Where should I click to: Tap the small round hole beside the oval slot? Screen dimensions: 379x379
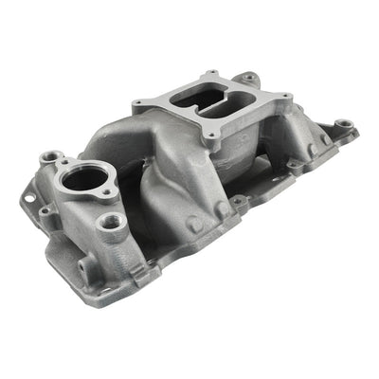pyautogui.click(x=44, y=210)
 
